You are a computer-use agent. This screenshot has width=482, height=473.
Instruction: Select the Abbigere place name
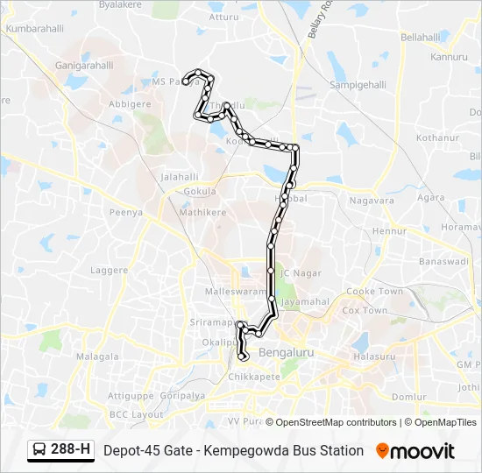[129, 104]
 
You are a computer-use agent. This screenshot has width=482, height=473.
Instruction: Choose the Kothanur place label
[437, 138]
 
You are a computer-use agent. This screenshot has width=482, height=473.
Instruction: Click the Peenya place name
[125, 212]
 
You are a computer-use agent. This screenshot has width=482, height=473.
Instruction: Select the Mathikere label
[202, 212]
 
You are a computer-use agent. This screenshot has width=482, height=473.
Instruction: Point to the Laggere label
[109, 271]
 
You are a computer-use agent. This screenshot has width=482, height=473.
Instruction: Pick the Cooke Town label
[374, 292]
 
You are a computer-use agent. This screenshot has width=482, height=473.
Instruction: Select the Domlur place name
[408, 397]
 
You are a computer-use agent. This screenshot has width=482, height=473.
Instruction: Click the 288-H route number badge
[70, 450]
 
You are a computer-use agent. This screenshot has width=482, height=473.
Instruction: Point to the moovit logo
[415, 451]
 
